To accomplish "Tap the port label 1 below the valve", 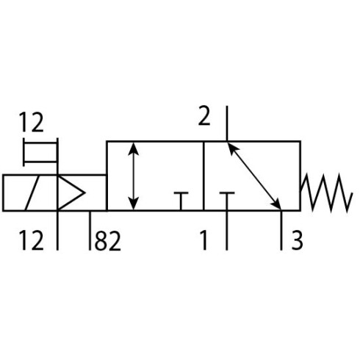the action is pos(204,240).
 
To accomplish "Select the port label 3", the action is pos(298,240).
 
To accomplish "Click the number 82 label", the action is pos(108,241).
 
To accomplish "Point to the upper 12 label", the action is pos(32,122).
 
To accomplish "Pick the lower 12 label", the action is pos(32,240).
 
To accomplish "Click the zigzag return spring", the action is pos(327,192).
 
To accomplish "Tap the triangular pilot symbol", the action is pos(71,192).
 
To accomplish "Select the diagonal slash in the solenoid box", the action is pos(32,192).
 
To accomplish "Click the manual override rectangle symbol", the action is pos(40,152).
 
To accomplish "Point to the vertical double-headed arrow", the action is pos(134,176).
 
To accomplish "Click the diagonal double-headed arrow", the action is pos(255,176).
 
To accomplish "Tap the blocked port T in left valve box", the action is pos(181,201).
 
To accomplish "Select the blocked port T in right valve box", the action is pos(227,201).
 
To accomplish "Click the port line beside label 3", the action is pos(281,230).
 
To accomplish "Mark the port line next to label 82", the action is pos(90,230).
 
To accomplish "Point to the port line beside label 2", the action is pos(227,123).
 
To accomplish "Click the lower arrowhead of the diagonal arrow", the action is pos(276,204).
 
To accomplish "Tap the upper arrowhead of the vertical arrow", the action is pos(134,148).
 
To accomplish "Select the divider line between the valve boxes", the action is pos(204,176).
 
